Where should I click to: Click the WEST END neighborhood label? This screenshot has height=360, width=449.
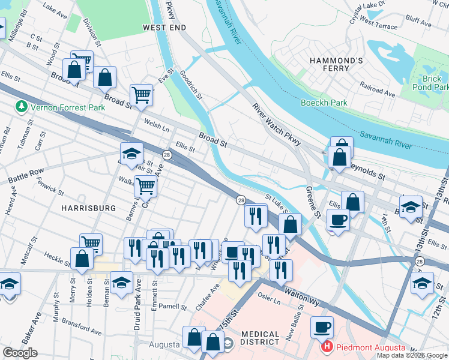pos(164,28)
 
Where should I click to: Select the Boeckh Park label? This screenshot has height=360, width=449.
pos(324,103)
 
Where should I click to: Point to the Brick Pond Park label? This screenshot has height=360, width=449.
pos(431,83)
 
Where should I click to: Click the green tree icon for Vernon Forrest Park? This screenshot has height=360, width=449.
pos(22,107)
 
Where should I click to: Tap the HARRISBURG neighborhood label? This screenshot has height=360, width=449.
pos(88,208)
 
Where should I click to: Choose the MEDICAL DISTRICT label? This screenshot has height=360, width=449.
pos(261,338)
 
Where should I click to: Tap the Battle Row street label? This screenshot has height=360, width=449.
pos(26,175)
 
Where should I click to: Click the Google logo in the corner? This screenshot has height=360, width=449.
pos(20,353)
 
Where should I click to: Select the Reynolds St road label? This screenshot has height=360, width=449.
pos(368,172)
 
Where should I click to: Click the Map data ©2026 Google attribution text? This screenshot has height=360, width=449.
pos(411,355)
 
